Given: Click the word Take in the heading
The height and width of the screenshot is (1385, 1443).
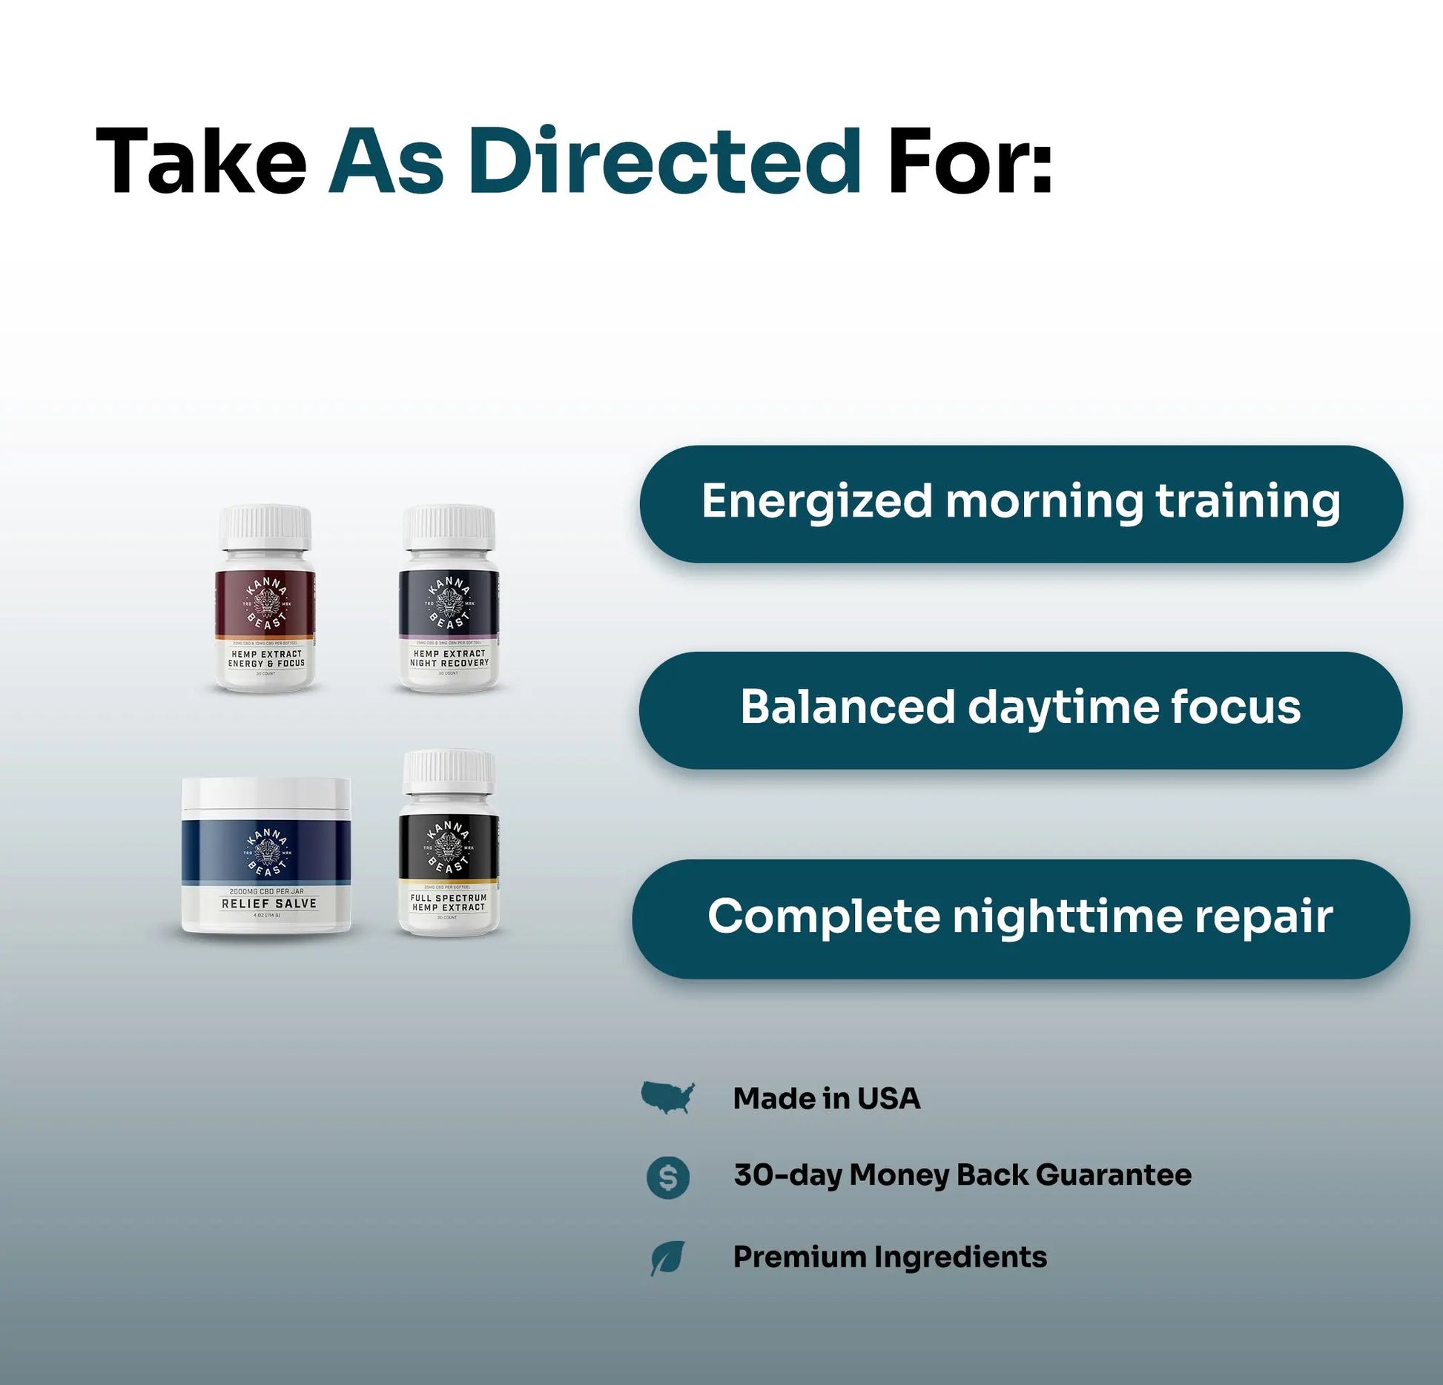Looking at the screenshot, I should click(201, 162).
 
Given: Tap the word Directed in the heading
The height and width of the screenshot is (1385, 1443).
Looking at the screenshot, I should click(664, 162).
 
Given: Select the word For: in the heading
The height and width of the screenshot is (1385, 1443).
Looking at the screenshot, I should click(970, 162).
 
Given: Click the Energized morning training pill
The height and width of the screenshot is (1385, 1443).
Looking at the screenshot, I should click(1020, 503).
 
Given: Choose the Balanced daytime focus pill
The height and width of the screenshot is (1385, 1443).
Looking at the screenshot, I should click(1020, 709).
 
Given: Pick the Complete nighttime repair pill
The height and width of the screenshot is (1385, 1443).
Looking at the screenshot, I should click(1020, 918).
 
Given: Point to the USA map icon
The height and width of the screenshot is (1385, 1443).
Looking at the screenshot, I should click(668, 1097).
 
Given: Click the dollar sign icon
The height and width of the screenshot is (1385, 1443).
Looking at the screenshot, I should click(668, 1177).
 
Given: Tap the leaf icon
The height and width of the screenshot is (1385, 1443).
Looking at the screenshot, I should click(667, 1258).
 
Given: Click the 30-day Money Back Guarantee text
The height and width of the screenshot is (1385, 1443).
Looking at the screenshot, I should click(962, 1176).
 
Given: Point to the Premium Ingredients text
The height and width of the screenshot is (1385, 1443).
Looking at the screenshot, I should click(890, 1257).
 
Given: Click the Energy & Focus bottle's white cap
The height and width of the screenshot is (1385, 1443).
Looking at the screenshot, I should click(265, 526).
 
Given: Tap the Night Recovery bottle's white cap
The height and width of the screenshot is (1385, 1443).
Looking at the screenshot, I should click(449, 526).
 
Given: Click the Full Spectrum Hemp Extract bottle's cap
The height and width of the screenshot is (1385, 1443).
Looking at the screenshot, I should click(449, 771).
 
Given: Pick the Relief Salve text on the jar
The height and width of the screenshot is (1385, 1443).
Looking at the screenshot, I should click(268, 904).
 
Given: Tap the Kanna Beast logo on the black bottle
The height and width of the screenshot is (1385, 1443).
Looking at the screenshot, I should click(449, 847).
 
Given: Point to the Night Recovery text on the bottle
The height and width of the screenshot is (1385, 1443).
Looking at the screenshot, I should click(449, 663).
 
